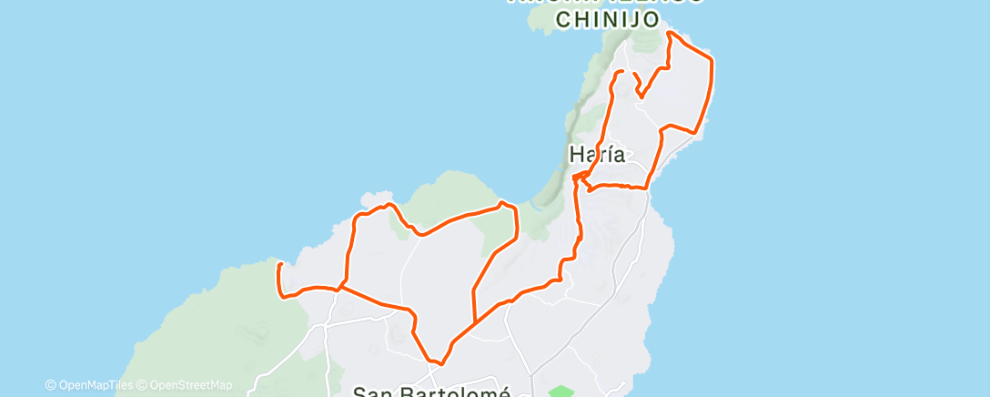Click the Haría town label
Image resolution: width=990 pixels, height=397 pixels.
[x=597, y=155]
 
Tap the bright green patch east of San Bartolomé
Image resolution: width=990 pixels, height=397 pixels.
[x=561, y=392]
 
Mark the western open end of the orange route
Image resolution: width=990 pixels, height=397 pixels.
[x=279, y=264]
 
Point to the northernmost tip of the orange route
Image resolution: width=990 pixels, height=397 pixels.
[x=670, y=33]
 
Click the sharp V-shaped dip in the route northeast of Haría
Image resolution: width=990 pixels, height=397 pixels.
[x=641, y=96]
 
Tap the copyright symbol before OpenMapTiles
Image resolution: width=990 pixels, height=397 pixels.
[x=50, y=385]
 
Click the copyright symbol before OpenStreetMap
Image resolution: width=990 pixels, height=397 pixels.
[x=143, y=385]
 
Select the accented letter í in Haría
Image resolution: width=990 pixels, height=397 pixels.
[x=611, y=155]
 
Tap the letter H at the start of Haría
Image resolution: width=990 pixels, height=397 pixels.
[x=577, y=155]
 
